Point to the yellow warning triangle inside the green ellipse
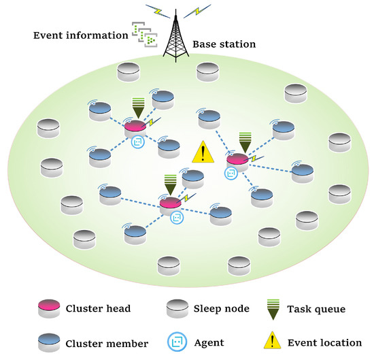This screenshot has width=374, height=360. (x=202, y=152)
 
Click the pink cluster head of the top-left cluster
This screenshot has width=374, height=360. (x=135, y=127)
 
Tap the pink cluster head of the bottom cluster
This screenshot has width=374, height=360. (x=170, y=203)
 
